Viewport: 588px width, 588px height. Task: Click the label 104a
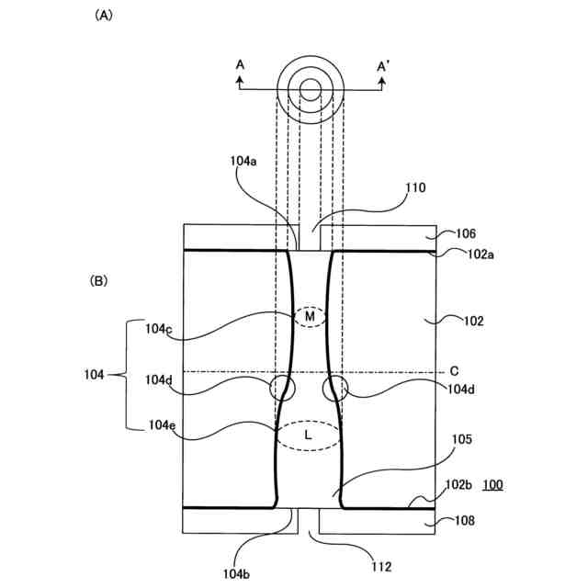[x=243, y=160]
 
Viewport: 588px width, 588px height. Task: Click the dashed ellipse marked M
[x=311, y=317]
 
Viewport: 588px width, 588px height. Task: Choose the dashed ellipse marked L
[x=308, y=435]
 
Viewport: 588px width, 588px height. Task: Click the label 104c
[x=158, y=327]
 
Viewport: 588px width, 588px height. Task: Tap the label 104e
[x=158, y=424]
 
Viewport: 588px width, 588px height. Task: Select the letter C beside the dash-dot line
[x=454, y=370]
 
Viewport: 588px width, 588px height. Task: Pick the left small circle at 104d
[x=283, y=388]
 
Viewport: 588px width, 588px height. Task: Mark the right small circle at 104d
[x=335, y=388]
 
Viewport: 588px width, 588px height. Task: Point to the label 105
[x=461, y=440]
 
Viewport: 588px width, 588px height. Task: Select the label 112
[x=379, y=567]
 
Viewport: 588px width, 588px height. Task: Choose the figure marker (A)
[x=103, y=16]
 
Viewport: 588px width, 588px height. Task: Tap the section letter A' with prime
[x=384, y=64]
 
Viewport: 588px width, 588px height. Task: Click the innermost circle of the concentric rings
[x=311, y=89]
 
